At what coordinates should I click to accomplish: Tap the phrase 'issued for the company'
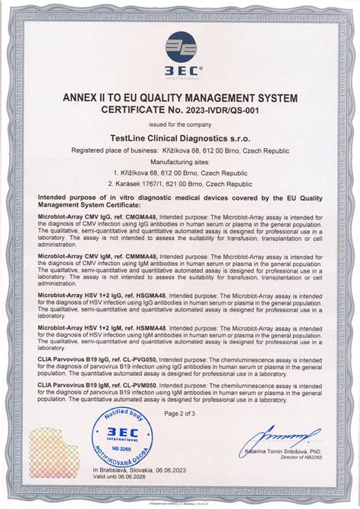tap(180, 123)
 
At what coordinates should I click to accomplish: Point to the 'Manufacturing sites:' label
tap(180, 162)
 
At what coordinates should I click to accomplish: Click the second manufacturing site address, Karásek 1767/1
tap(180, 183)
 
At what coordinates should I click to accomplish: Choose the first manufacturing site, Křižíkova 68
tap(180, 172)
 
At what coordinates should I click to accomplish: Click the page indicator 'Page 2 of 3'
tap(180, 413)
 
